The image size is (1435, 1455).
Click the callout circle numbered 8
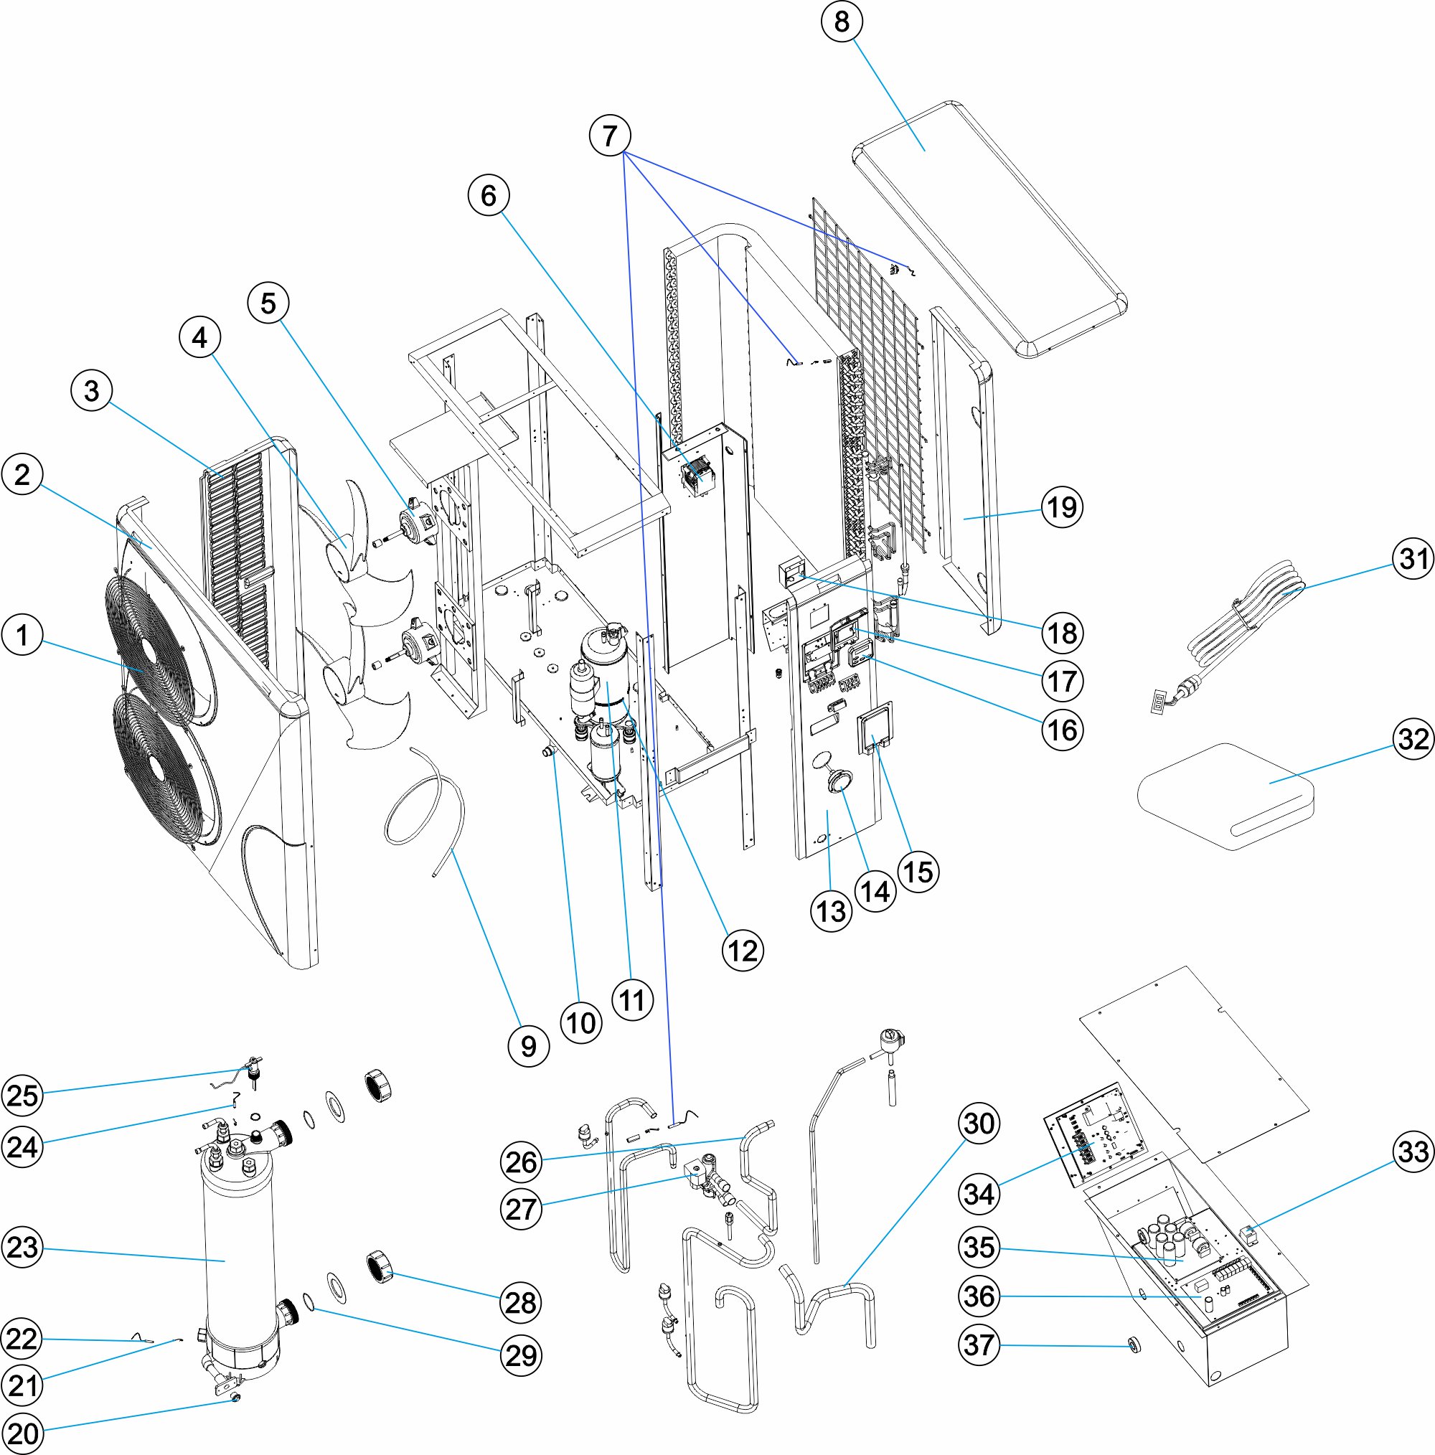[842, 22]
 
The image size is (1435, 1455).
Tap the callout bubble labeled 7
[609, 136]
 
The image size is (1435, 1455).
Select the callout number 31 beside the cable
[1413, 559]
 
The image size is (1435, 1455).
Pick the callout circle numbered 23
[22, 1247]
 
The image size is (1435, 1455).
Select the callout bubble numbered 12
[743, 951]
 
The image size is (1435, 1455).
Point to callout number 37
[979, 1345]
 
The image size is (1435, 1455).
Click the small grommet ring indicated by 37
[1132, 1346]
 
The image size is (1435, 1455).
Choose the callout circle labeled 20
[22, 1433]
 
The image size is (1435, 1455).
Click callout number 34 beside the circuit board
[979, 1194]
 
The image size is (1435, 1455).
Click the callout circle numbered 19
[1062, 507]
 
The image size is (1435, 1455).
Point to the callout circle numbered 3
[91, 391]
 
